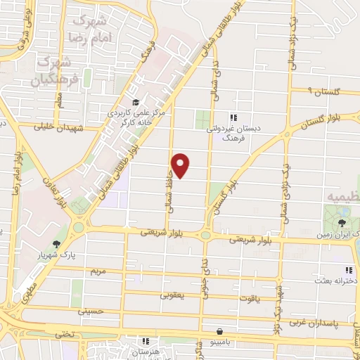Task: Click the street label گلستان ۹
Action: click(x=325, y=91)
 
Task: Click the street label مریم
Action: click(x=96, y=270)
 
